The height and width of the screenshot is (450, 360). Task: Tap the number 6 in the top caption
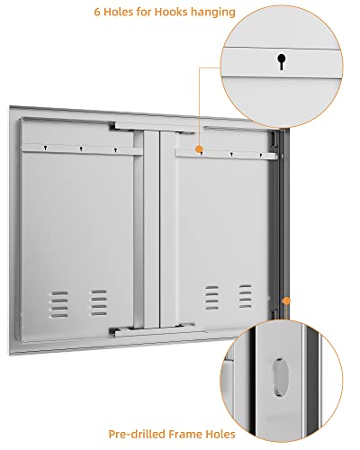pos(97,12)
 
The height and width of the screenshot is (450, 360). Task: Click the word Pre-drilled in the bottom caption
pos(137,434)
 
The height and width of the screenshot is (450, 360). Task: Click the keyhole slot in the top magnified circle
pos(282,61)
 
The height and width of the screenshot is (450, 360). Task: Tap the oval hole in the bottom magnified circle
pos(281,376)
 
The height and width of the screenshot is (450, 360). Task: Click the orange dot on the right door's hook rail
pos(199,149)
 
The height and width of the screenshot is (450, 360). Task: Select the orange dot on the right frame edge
pos(286,301)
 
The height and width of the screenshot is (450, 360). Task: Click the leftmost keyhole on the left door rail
pos(45,148)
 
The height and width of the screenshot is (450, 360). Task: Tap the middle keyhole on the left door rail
pos(81,148)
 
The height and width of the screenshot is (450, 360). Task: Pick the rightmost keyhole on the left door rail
pos(115,150)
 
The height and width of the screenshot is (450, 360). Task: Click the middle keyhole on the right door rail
pos(231,155)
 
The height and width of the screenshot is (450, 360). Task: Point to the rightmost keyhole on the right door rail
pos(260,156)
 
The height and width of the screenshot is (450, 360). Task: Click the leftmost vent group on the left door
pos(59,304)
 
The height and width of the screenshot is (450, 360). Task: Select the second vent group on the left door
pos(99,302)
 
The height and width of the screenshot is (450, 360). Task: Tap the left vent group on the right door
pos(211,298)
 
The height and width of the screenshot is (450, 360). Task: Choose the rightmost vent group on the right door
pos(245,296)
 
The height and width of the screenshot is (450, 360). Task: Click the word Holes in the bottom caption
pos(220,434)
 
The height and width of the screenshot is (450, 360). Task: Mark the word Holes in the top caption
pos(119,12)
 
